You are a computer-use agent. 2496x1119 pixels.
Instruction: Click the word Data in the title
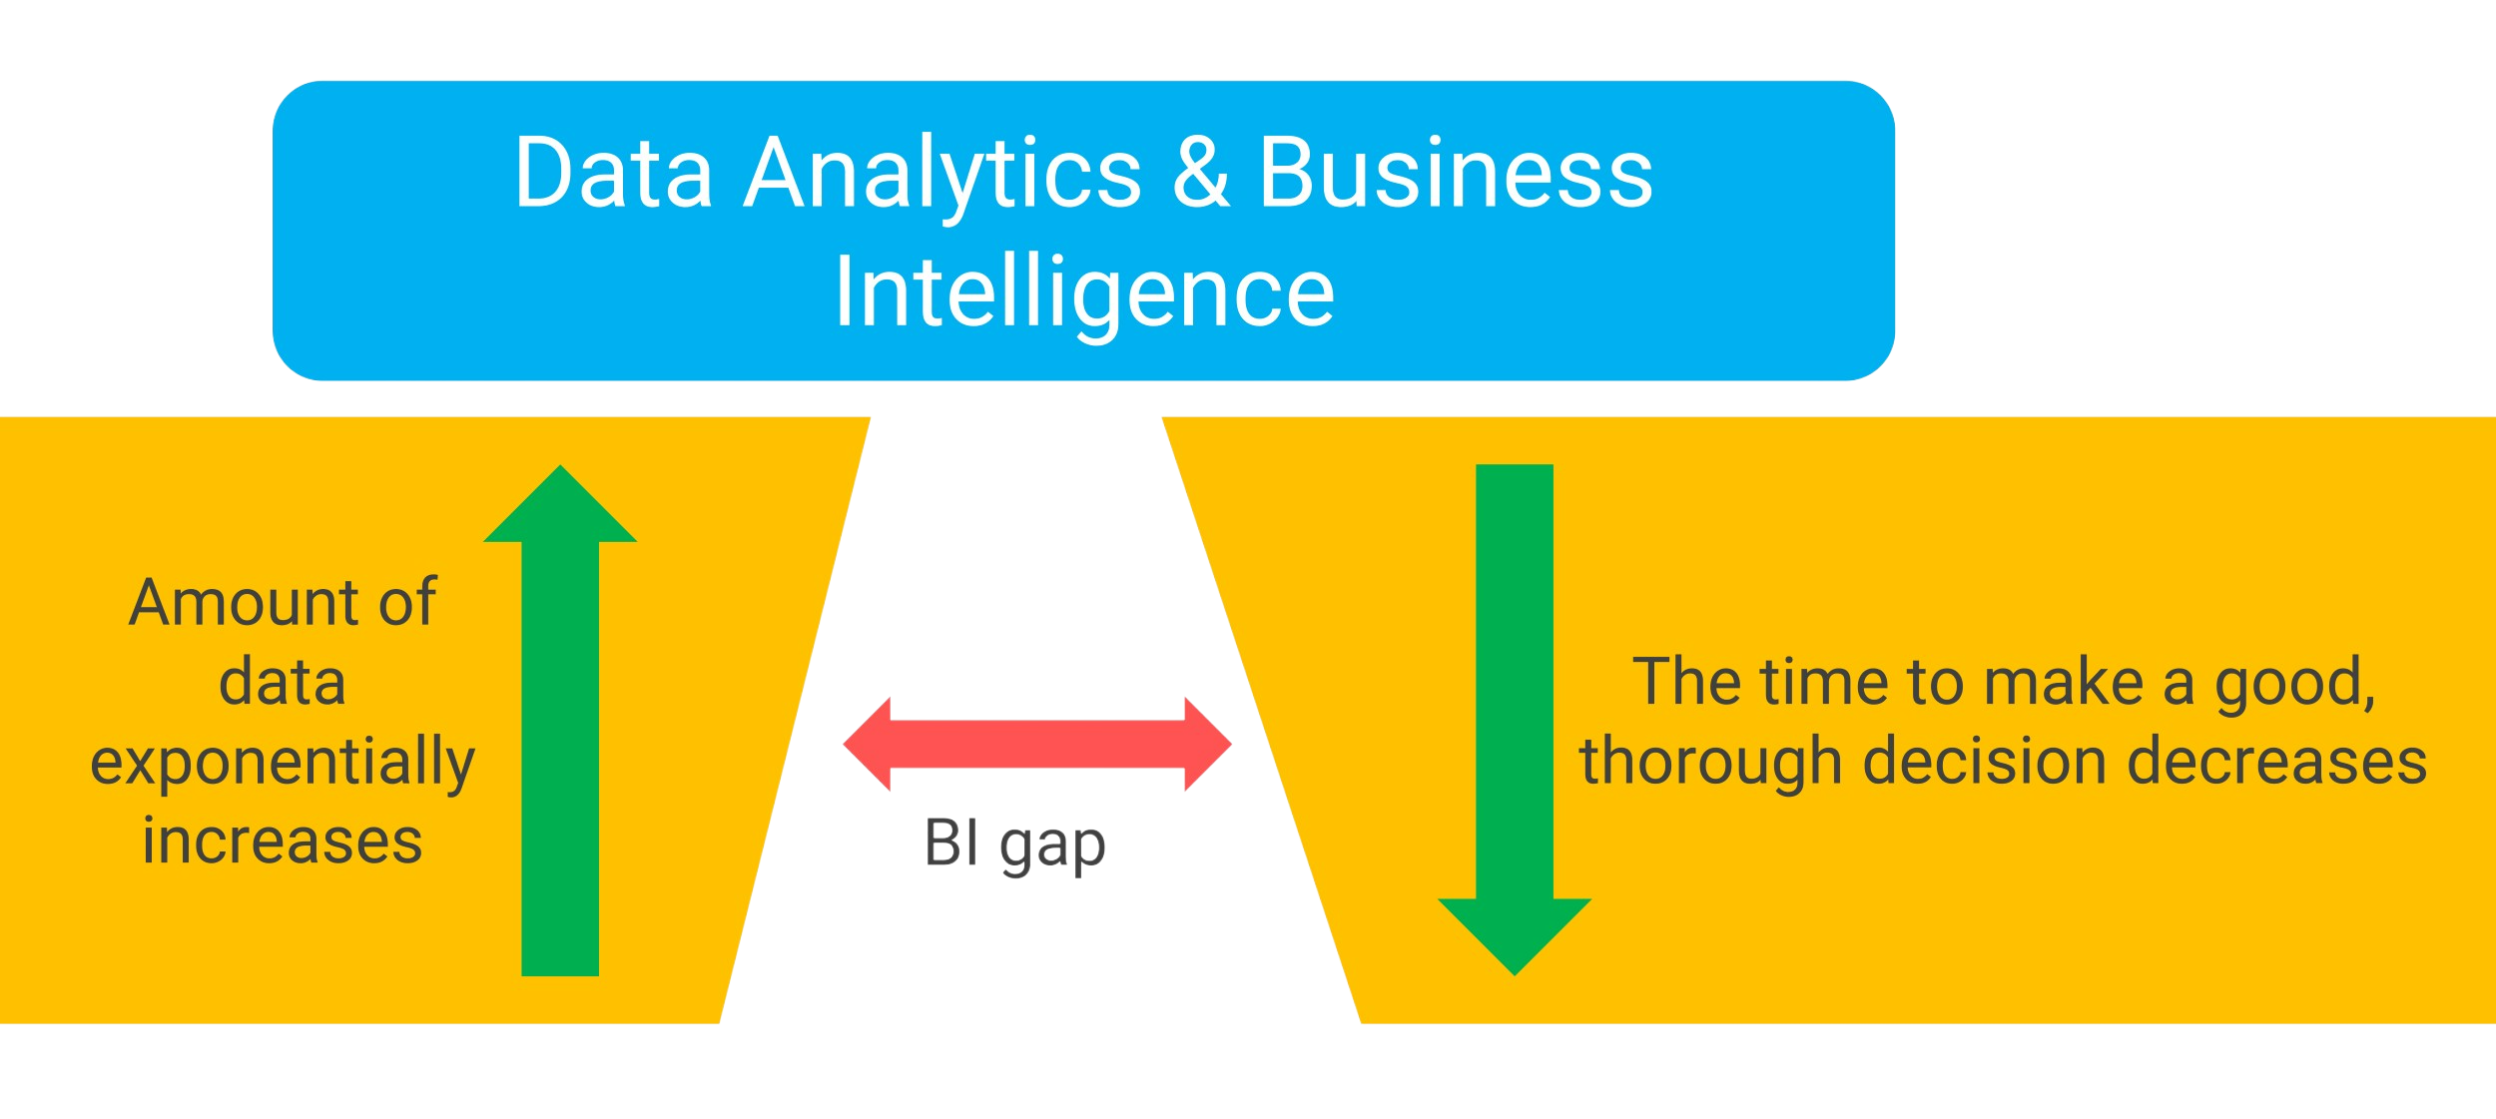point(613,174)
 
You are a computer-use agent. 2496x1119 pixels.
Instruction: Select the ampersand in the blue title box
point(1200,174)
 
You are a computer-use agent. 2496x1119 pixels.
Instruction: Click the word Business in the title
point(1455,174)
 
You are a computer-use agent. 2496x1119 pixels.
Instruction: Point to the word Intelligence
point(1084,291)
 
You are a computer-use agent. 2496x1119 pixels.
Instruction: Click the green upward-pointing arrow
point(560,719)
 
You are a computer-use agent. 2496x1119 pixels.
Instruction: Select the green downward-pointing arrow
point(1514,699)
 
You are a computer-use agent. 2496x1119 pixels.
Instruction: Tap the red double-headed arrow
point(1037,744)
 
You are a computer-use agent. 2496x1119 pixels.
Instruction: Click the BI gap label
point(1014,844)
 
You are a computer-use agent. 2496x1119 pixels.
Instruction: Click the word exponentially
point(283,764)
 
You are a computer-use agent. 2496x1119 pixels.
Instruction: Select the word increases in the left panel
point(283,840)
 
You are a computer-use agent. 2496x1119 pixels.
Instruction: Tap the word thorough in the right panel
point(1710,764)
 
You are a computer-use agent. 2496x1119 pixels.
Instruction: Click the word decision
point(1985,762)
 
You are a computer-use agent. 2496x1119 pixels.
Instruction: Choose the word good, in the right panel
point(2294,685)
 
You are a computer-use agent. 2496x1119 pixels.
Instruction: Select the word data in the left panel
point(283,683)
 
